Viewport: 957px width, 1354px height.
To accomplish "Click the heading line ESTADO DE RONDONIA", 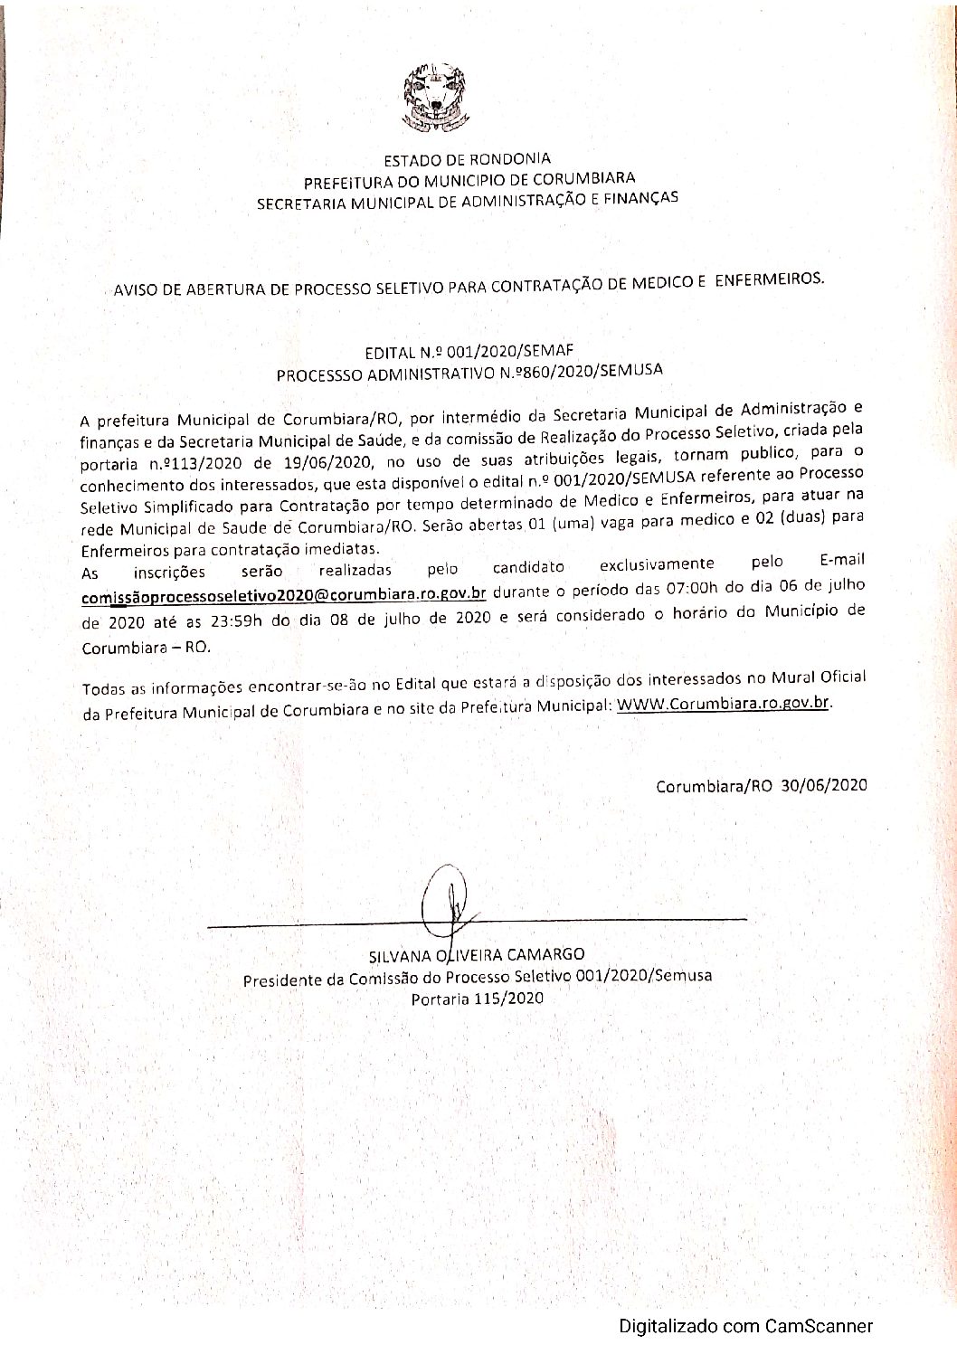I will [467, 160].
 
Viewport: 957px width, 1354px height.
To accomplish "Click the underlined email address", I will [284, 594].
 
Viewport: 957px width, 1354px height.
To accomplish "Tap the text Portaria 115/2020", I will [477, 999].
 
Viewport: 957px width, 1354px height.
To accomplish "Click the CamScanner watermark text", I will [745, 1327].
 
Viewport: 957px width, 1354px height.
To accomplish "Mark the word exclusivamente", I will [656, 565].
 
